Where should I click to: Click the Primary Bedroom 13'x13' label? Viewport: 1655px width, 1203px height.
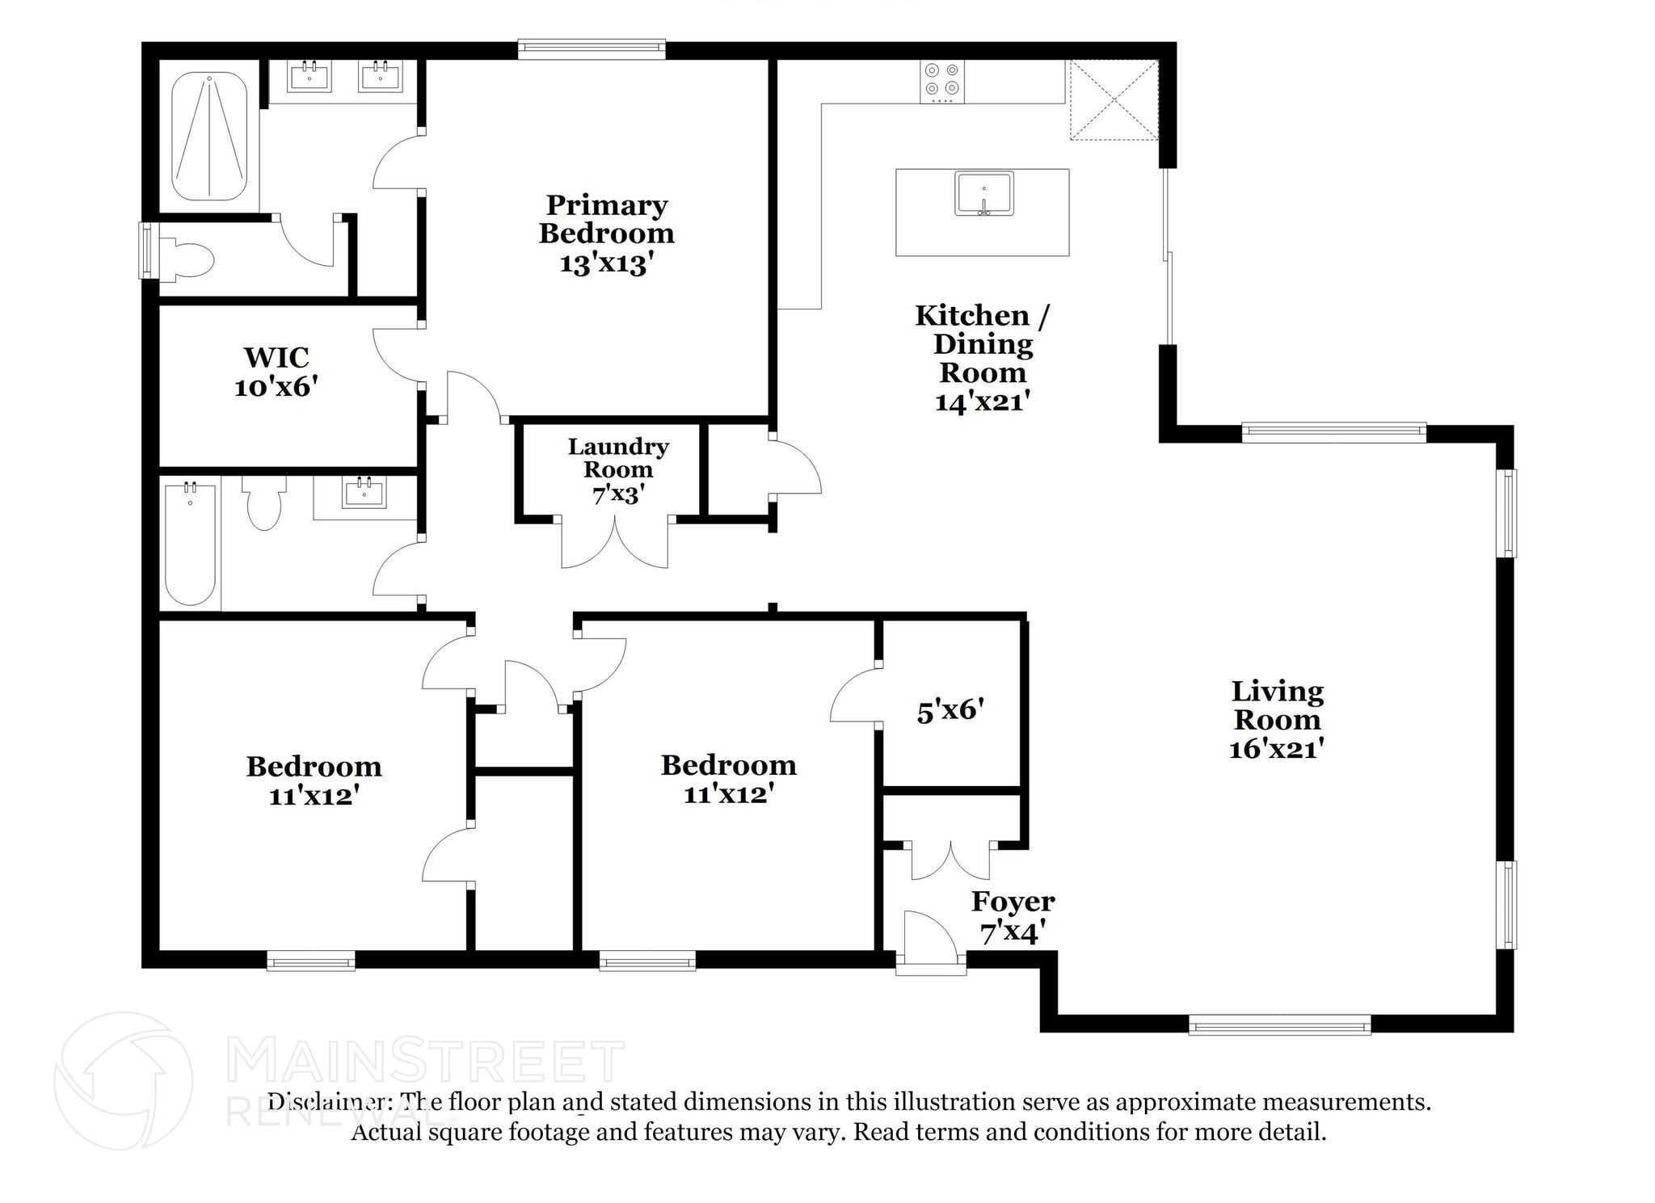point(606,234)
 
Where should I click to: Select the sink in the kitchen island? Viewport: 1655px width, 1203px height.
point(983,194)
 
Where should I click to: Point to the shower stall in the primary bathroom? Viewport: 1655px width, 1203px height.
point(209,137)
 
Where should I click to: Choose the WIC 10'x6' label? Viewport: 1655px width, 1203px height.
point(276,372)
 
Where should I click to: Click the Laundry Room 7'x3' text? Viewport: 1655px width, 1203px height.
point(618,469)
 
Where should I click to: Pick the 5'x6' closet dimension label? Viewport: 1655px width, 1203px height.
point(950,710)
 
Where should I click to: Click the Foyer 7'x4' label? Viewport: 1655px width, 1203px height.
point(1013,916)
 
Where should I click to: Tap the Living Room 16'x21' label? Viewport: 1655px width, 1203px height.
point(1277,719)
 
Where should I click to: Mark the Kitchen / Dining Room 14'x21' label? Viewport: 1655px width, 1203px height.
point(983,358)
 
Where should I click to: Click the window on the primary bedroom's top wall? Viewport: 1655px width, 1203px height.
point(592,50)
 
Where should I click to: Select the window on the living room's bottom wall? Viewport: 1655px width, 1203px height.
point(1279,1024)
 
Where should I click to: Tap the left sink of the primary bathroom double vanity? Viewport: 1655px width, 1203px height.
point(310,77)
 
